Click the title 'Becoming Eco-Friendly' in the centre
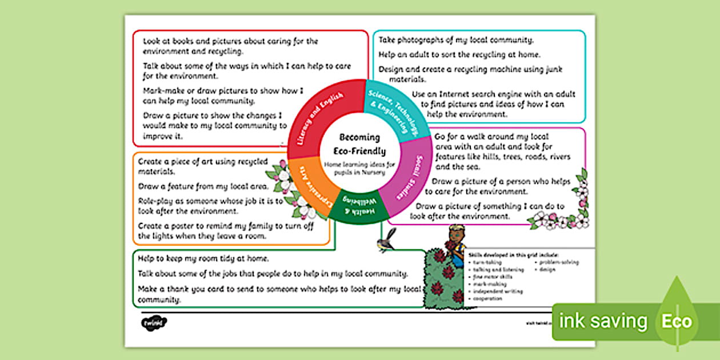[x=359, y=145]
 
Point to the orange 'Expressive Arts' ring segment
[x=308, y=188]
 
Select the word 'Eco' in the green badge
[x=677, y=321]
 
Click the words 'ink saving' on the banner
[x=603, y=321]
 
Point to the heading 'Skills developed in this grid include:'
[x=513, y=255]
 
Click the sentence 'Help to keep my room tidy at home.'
[x=203, y=259]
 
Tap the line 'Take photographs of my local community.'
[x=456, y=40]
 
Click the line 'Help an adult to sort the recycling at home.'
[x=459, y=55]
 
